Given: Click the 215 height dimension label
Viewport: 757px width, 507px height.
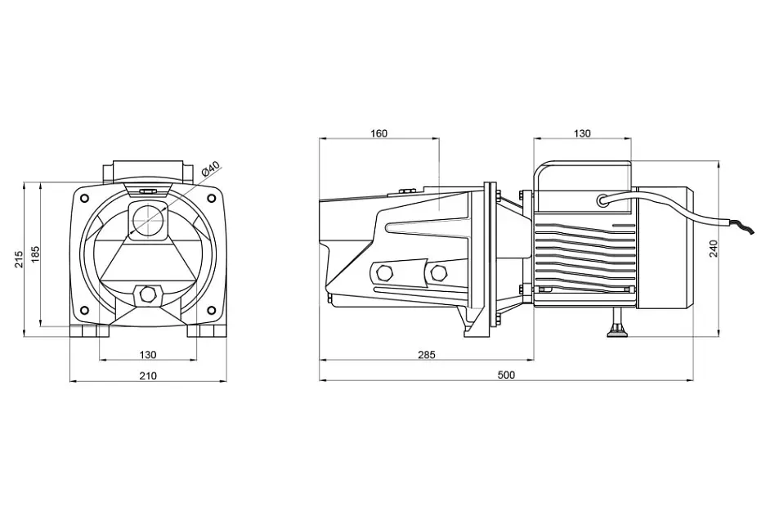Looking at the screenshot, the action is [19, 259].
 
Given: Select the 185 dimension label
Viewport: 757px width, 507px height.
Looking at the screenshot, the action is [36, 254].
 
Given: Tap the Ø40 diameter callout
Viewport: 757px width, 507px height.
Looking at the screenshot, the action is [210, 168].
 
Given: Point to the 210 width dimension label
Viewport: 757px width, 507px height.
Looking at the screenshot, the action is [148, 375].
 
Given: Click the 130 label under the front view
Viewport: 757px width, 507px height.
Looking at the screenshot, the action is [148, 354].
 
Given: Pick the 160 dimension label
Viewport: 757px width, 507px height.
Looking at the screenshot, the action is [378, 133].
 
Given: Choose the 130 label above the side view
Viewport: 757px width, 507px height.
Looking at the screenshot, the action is [582, 133].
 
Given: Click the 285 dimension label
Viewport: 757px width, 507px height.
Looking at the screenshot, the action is [426, 354].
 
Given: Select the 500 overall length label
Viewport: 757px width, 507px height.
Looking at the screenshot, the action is [506, 375].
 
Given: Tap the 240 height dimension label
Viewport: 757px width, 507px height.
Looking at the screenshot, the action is [714, 249].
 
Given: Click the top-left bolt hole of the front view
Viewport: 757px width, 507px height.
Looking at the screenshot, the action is [84, 199].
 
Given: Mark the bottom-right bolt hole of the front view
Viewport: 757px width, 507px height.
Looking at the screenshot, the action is [211, 310].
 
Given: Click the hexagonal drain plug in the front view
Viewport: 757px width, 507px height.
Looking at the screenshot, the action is [148, 294].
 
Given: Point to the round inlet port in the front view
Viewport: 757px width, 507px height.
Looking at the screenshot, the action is [148, 220].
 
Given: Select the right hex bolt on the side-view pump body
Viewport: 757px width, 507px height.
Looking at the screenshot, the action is [438, 273].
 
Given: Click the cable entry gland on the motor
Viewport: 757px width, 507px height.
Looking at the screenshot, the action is [603, 200].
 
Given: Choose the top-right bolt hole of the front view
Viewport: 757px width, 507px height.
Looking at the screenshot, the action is [211, 199].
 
